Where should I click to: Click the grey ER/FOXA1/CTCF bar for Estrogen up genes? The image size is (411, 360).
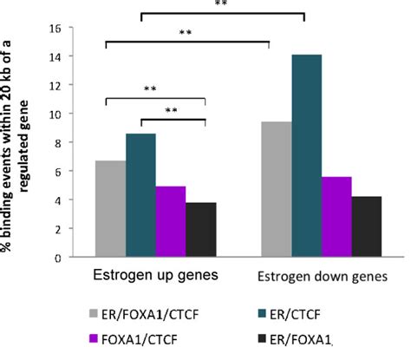110,209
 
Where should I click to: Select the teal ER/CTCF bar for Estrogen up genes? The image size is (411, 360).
140,195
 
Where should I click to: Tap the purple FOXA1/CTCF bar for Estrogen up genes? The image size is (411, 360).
171,222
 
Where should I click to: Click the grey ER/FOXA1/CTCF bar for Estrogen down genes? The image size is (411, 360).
277,189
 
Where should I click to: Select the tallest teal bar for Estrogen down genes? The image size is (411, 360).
307,156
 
